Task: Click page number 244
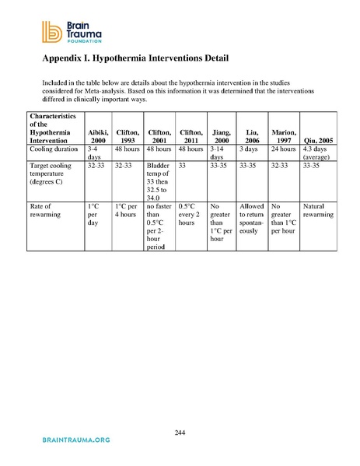180,432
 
